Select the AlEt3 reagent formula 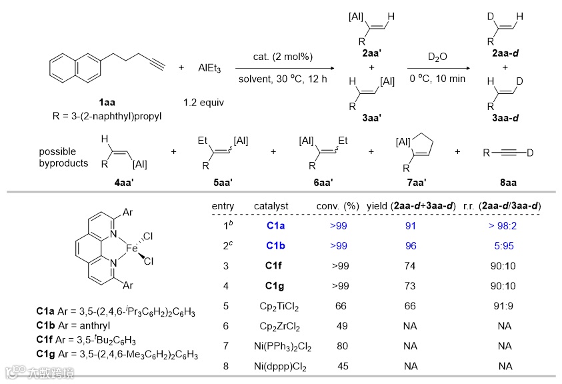click(209, 68)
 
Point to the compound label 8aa click(509, 181)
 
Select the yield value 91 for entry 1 click(411, 226)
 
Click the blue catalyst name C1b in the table click(276, 246)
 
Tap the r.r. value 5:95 click(504, 246)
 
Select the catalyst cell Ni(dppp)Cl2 click(276, 366)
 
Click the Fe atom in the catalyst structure click(133, 248)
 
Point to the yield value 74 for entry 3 click(411, 266)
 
